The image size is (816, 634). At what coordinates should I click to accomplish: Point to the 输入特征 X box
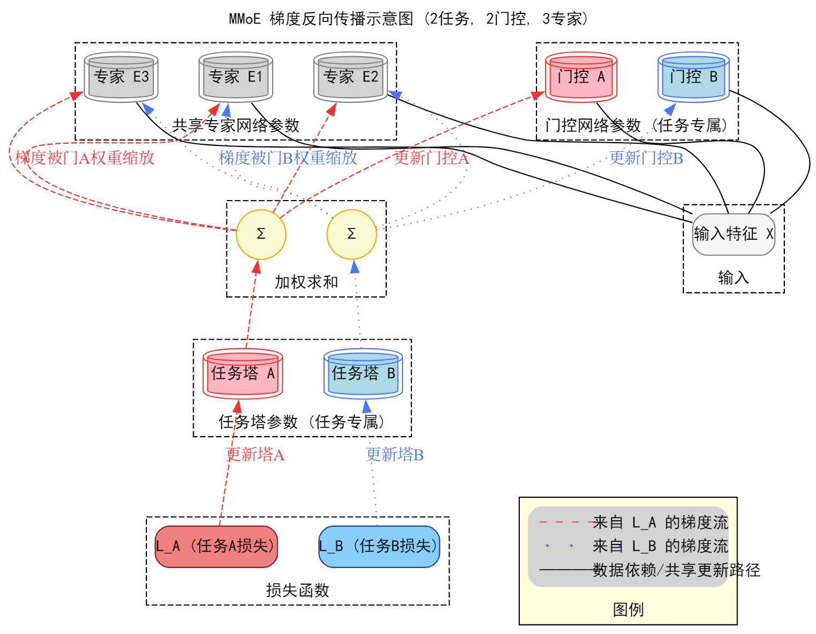[x=733, y=234]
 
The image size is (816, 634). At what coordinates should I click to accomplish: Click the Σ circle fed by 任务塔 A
[x=261, y=234]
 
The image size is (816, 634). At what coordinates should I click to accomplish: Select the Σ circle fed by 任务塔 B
[x=351, y=234]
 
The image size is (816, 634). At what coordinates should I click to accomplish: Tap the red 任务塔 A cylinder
[x=242, y=373]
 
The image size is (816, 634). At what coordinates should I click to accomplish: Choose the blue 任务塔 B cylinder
[x=363, y=373]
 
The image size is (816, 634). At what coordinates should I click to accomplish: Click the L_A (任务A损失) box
[x=216, y=547]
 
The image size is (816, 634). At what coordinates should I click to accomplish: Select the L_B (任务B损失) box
[x=379, y=547]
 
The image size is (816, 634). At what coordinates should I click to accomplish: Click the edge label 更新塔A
[x=255, y=455]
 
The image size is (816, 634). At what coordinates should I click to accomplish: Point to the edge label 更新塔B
[x=395, y=455]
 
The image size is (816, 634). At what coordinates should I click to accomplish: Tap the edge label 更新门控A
[x=431, y=158]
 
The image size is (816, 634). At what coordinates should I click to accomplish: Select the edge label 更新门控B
[x=646, y=158]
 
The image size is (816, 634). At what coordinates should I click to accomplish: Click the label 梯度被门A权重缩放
[x=85, y=158]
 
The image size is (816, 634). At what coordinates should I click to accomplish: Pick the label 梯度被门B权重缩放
[x=288, y=158]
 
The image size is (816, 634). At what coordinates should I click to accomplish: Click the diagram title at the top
[x=409, y=19]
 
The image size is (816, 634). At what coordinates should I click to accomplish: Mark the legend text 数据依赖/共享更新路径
[x=676, y=570]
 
